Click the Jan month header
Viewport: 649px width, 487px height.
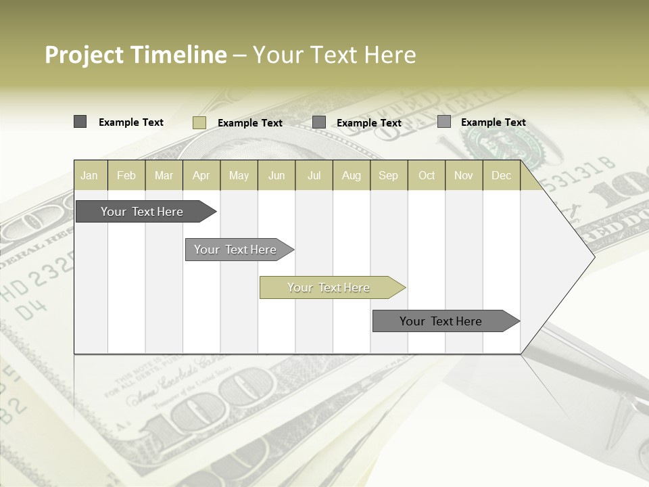[89, 175]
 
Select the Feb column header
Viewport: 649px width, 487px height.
[126, 175]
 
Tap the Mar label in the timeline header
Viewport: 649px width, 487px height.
[164, 175]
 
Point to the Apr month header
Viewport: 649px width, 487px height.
[201, 175]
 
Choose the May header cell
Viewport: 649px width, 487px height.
[239, 175]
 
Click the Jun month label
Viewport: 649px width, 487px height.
[277, 175]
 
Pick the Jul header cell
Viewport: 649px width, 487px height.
[314, 175]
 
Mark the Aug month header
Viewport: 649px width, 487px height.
[351, 175]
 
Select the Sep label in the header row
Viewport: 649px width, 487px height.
[388, 175]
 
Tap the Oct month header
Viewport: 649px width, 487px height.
[427, 175]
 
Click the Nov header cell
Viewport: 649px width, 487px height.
[463, 175]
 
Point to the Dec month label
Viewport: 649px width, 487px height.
[501, 175]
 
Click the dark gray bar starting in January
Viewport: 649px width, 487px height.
[142, 212]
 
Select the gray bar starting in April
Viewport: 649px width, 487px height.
[235, 250]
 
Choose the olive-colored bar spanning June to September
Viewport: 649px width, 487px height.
[329, 287]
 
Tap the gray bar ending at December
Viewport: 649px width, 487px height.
[441, 321]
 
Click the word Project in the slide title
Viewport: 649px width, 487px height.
[84, 55]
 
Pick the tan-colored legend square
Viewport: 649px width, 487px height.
[199, 122]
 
